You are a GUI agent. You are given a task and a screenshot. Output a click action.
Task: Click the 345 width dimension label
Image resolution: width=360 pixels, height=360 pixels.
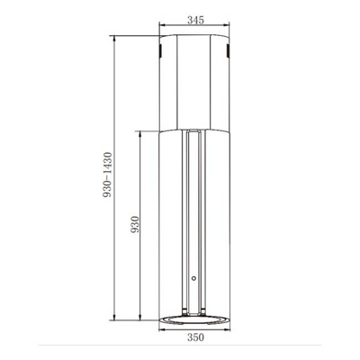[195, 20]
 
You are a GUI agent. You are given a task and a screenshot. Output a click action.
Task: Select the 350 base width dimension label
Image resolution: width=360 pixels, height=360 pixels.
[195, 337]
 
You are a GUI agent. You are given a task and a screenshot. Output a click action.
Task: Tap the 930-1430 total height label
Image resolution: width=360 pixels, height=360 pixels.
[107, 175]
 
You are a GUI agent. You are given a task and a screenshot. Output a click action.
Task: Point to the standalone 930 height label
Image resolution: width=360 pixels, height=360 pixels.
[135, 225]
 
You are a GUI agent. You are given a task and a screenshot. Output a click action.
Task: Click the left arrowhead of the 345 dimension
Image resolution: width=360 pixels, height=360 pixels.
[162, 25]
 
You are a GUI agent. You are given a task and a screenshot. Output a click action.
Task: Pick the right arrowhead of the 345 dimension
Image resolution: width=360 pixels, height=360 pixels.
[226, 25]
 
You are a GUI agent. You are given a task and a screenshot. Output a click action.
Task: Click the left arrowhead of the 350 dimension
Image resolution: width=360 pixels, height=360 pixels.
[162, 330]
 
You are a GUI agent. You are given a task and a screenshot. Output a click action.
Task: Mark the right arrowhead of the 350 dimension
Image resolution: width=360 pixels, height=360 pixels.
[227, 330]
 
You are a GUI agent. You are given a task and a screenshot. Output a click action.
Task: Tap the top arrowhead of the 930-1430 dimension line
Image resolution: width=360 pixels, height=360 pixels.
[114, 40]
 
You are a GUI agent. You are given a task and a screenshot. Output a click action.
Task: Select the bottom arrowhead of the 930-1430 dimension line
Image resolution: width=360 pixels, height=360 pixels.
[114, 317]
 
